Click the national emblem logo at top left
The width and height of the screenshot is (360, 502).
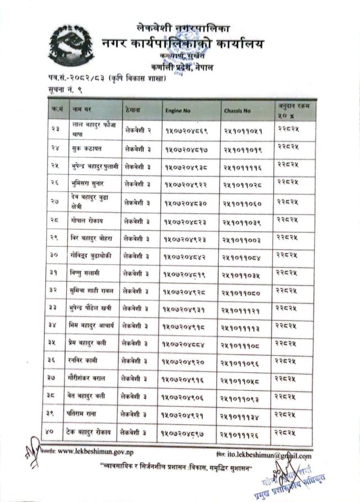coord(72,46)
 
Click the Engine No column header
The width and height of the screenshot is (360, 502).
coord(178,111)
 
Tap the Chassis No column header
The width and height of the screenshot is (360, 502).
coord(237,111)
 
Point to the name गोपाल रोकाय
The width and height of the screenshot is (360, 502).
coord(91,221)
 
